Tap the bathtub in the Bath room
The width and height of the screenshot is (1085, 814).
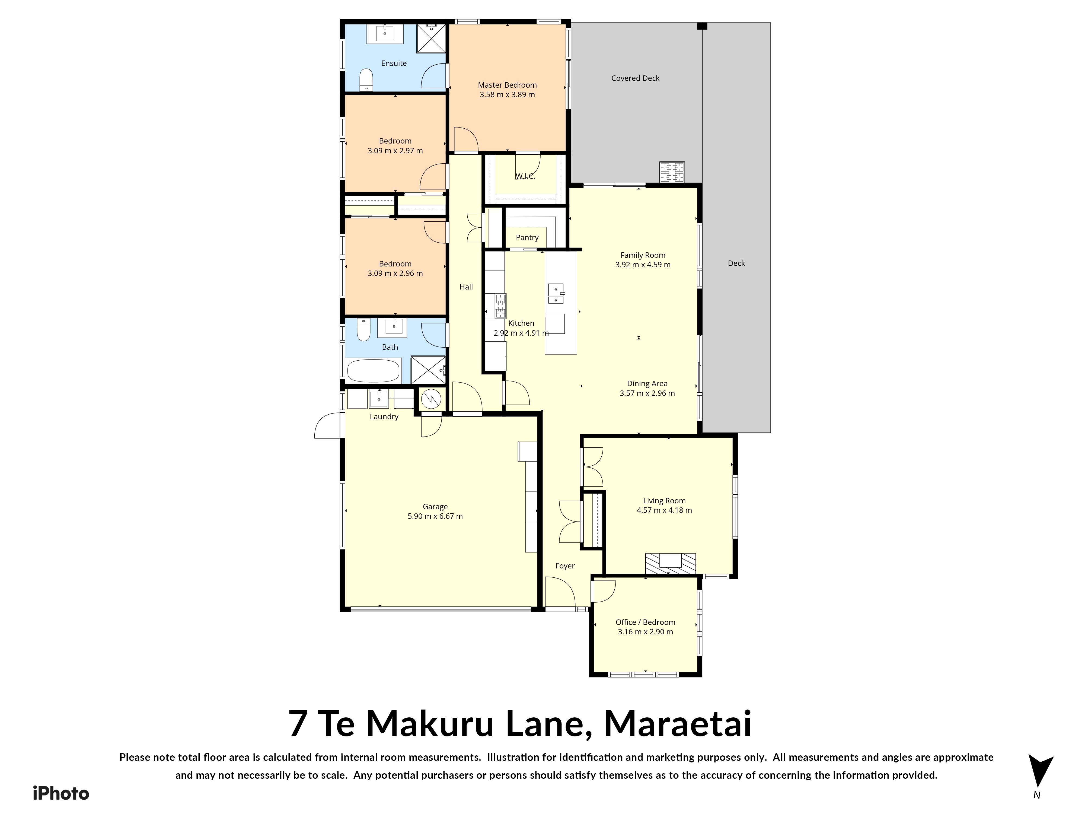373,371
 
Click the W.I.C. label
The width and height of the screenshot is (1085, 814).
525,176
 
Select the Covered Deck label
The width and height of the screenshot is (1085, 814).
635,78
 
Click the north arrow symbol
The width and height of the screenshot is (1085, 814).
1040,772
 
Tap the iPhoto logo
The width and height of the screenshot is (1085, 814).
61,793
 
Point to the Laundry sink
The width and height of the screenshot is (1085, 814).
379,399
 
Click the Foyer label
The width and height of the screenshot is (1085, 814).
564,566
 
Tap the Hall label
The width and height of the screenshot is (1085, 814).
466,287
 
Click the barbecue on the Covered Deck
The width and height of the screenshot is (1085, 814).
672,172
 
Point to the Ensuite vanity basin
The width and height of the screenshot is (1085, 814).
385,33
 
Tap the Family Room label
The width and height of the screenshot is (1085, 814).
643,255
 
